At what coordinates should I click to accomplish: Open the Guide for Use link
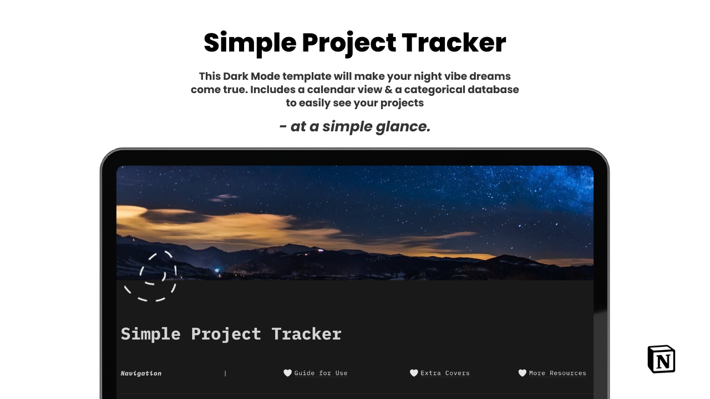pyautogui.click(x=321, y=373)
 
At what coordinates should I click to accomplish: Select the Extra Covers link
pyautogui.click(x=445, y=373)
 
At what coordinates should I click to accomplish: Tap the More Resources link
pyautogui.click(x=557, y=373)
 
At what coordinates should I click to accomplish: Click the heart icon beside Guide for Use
pyautogui.click(x=287, y=373)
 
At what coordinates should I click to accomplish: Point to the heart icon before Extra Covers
pyautogui.click(x=414, y=373)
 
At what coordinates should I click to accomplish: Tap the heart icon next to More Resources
pyautogui.click(x=523, y=373)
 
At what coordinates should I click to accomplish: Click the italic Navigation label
pyautogui.click(x=141, y=374)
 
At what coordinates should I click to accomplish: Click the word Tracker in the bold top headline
pyautogui.click(x=454, y=43)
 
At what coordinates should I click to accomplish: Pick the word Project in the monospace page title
pyautogui.click(x=226, y=334)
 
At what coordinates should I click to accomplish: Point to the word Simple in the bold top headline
pyautogui.click(x=250, y=43)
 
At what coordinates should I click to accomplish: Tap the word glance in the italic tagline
pyautogui.click(x=403, y=127)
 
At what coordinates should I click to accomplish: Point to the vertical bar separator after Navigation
pyautogui.click(x=225, y=374)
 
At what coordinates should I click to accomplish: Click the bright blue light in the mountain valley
pyautogui.click(x=217, y=270)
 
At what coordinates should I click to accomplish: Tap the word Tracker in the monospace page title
pyautogui.click(x=307, y=334)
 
